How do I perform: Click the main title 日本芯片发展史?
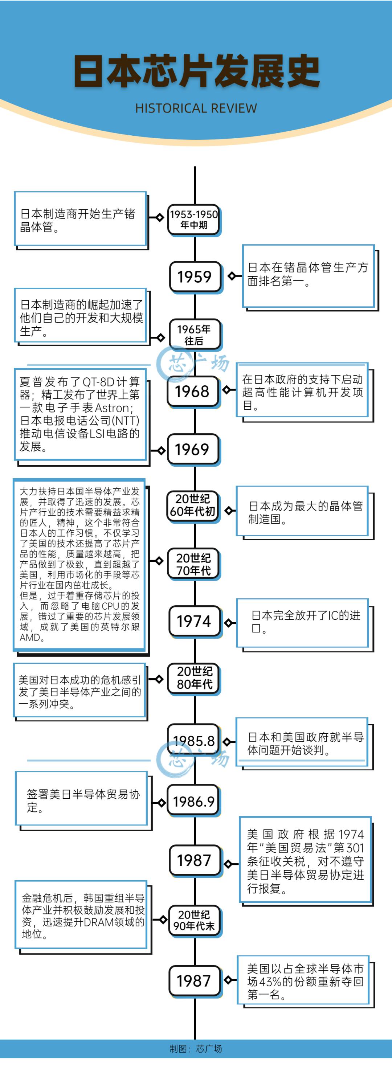point(196,71)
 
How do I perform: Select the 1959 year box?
point(195,277)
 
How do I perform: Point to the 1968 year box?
point(192,391)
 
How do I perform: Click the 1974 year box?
point(195,621)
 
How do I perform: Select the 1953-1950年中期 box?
point(194,220)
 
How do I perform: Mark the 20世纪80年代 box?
point(194,679)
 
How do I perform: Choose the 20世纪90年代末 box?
point(194,921)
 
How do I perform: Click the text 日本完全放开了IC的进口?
point(306,622)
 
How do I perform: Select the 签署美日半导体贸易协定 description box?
point(82,799)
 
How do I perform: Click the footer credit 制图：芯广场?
point(196,1048)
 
